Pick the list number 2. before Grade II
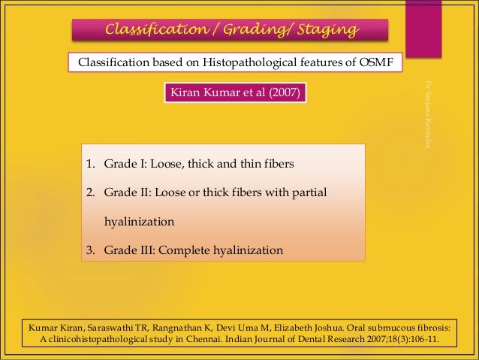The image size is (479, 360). [89, 192]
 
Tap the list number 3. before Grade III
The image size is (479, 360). [89, 250]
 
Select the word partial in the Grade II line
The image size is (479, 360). [308, 192]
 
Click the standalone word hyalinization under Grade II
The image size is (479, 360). [139, 222]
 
